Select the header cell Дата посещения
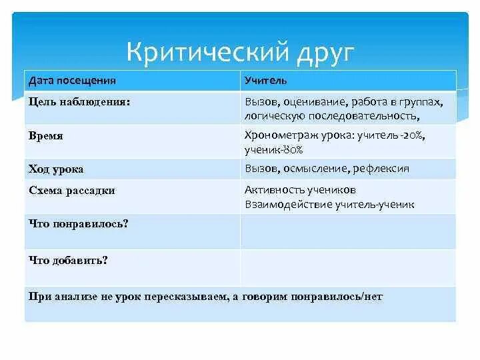72,81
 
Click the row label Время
46,135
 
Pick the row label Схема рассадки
72,190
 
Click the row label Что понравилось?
79,223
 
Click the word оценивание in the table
313,102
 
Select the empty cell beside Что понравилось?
348,231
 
